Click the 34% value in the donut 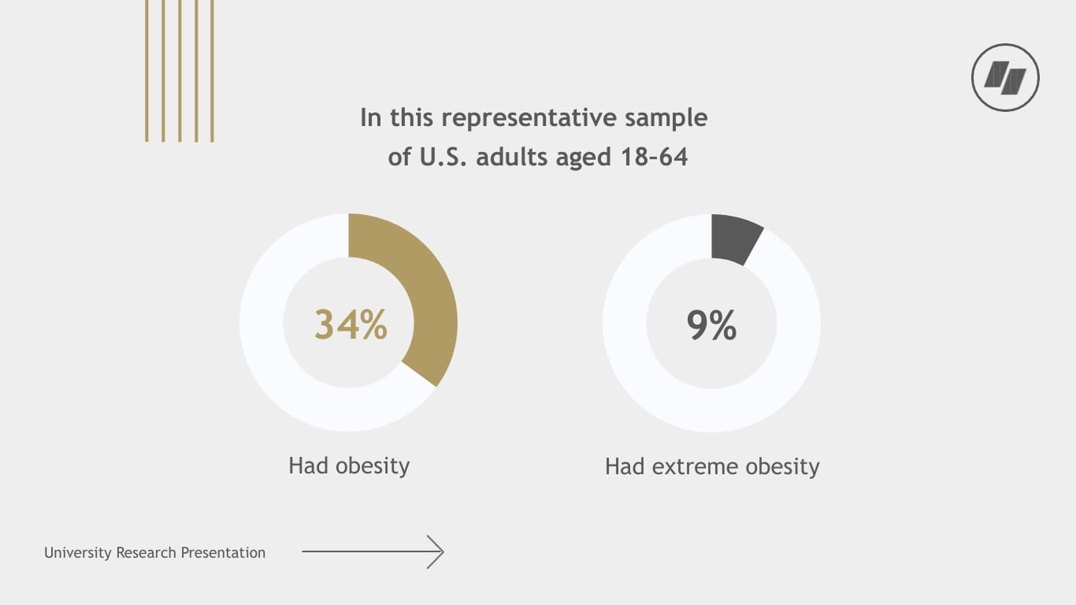pos(351,324)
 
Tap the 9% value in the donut pos(711,325)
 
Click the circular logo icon pos(1005,78)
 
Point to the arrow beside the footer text pos(373,552)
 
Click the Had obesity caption pos(349,466)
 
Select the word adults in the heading pos(512,157)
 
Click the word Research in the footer pos(147,553)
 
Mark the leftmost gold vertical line pos(147,71)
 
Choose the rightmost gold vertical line pos(212,71)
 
